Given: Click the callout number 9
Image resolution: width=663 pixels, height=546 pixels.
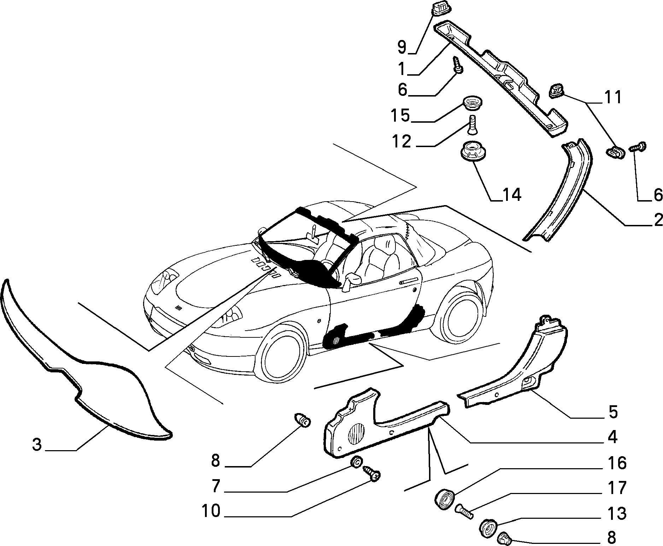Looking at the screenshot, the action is point(402,47).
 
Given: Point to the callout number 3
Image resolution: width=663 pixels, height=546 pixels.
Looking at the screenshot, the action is point(37,445).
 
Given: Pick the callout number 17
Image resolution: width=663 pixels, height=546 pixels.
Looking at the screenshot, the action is point(617,488).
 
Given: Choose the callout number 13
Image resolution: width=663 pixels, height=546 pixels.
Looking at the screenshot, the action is point(617,513).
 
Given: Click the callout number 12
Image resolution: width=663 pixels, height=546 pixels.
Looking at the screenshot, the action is point(401,141).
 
